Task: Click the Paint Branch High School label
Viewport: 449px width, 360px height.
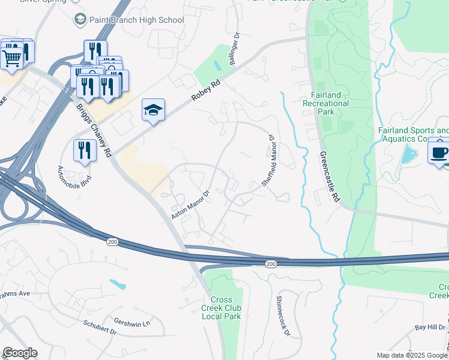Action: (136, 20)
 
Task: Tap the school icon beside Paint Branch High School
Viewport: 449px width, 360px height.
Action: (80, 20)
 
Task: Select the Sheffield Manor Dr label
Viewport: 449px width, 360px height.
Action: (267, 160)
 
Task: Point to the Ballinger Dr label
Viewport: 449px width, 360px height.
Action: (234, 53)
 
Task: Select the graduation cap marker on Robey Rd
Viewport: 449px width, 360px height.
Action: (152, 110)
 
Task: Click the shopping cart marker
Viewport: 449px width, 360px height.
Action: (11, 58)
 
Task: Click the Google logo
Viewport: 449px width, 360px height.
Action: (20, 353)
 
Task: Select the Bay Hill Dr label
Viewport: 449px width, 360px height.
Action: (430, 328)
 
